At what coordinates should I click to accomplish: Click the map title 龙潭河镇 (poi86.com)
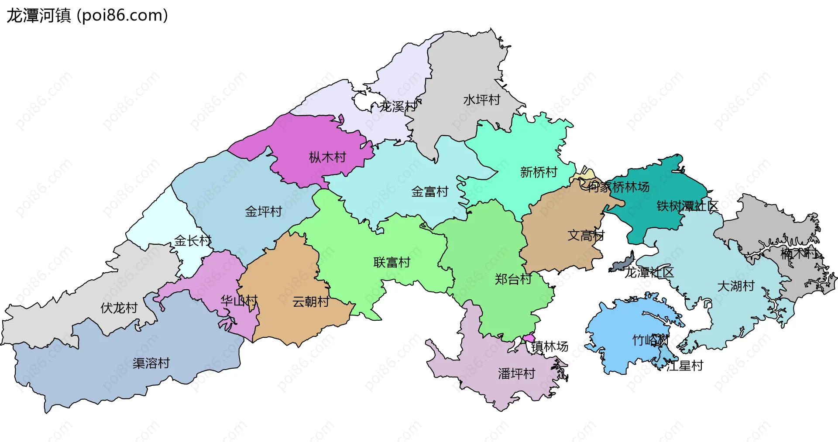coord(87,16)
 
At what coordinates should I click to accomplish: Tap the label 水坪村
coord(481,100)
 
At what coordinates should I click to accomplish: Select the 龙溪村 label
coord(398,106)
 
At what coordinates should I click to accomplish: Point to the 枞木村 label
coord(327,157)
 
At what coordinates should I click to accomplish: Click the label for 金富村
coord(430,192)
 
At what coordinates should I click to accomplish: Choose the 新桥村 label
coord(539,172)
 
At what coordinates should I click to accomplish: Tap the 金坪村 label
coord(263,212)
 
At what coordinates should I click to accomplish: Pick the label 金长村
coord(192,240)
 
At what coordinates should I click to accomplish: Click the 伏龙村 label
coord(119,308)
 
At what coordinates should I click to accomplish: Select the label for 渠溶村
coord(151,363)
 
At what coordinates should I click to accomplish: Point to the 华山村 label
coord(239,300)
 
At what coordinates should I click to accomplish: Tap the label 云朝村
coord(311,302)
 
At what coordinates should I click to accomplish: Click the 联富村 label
coord(392,262)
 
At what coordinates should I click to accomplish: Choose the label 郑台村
coord(513,279)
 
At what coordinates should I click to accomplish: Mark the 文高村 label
coord(586,236)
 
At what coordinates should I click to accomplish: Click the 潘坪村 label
coord(516,373)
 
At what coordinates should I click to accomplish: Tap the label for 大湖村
coord(736,286)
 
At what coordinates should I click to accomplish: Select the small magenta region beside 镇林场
coord(529,338)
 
